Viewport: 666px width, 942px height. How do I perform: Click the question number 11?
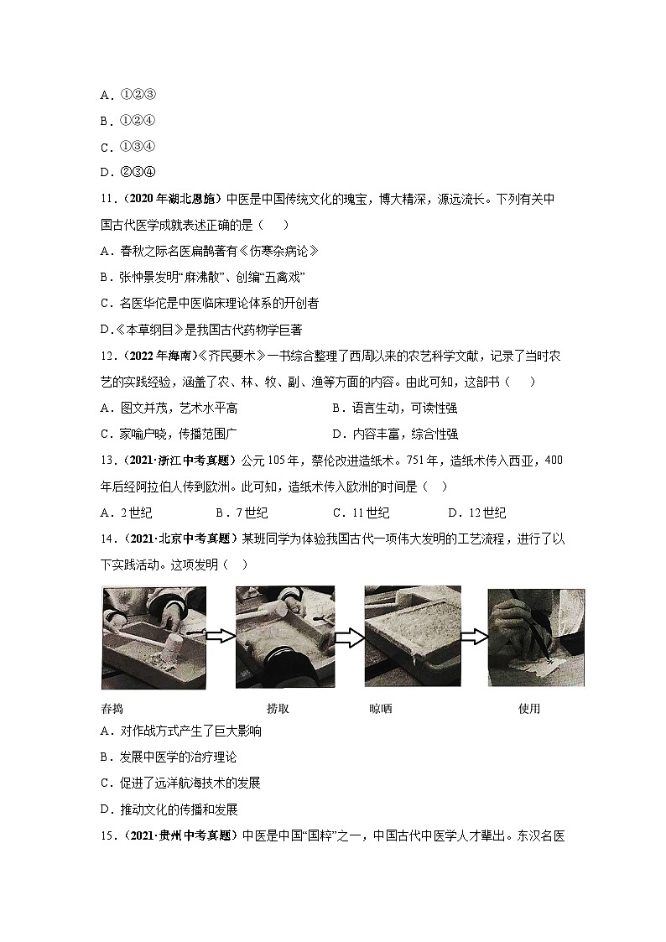107,200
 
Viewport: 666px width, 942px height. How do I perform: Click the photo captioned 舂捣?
153,638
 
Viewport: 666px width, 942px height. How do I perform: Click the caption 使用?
529,709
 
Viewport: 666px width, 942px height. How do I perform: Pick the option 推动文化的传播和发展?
169,809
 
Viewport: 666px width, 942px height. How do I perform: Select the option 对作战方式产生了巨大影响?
180,731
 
